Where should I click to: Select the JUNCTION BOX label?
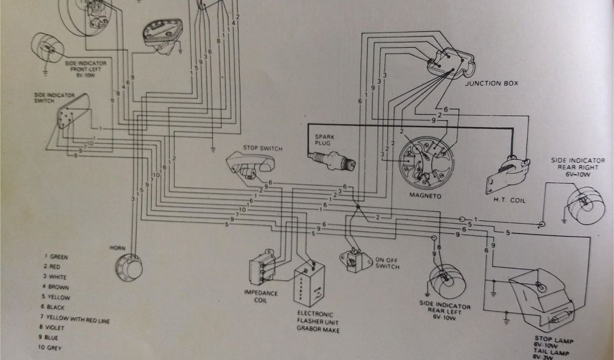tap(491, 83)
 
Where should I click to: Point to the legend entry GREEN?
tap(58, 257)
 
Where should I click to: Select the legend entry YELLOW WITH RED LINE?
tap(74, 317)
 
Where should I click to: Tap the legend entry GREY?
tap(55, 348)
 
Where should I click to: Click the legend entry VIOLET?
tap(58, 328)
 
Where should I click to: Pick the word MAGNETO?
tap(426, 196)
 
